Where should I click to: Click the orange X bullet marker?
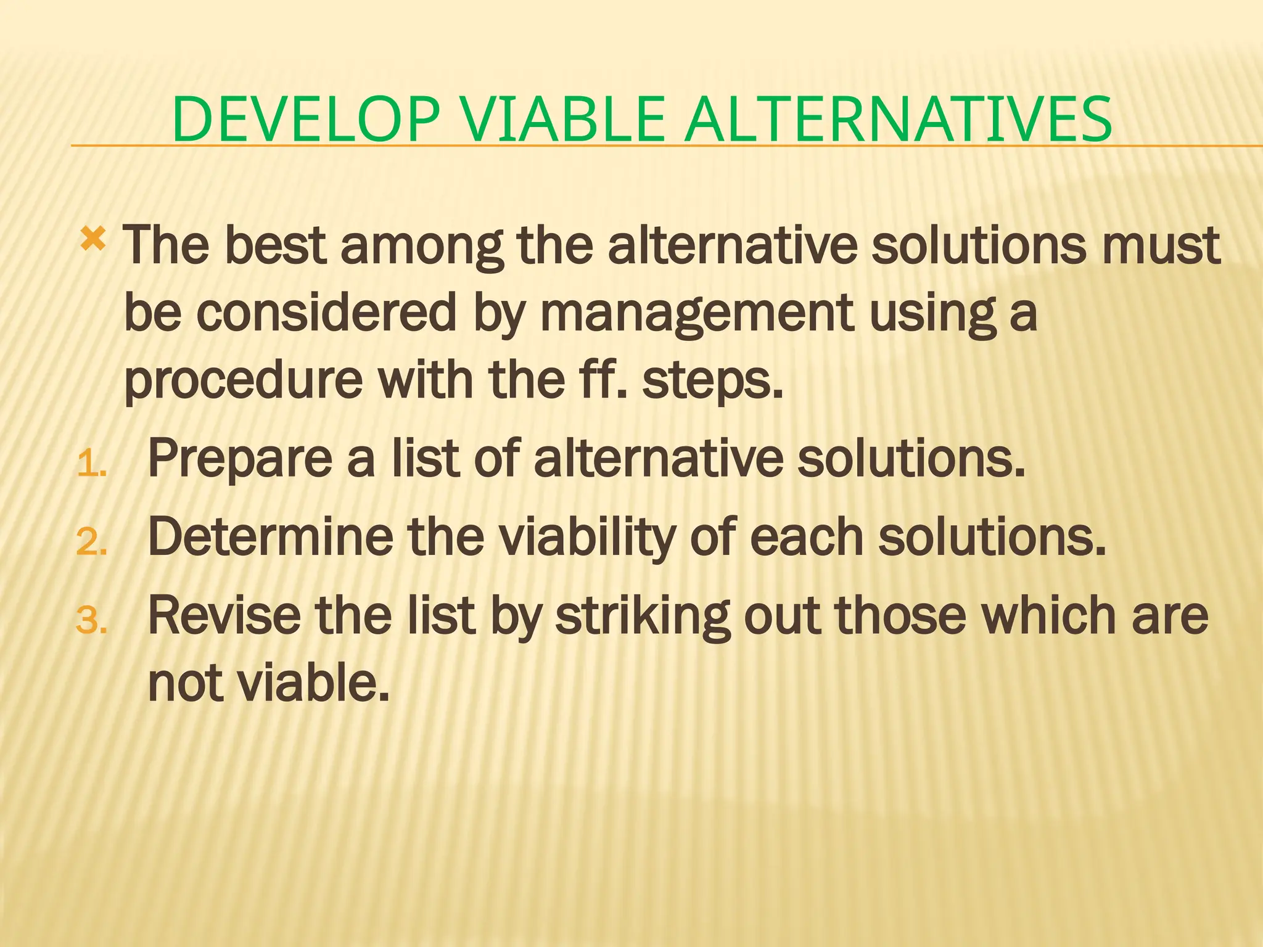(93, 238)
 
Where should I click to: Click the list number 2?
(91, 543)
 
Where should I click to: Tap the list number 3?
(91, 620)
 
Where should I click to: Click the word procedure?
(244, 380)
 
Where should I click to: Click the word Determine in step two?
(270, 536)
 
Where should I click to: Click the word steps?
(713, 380)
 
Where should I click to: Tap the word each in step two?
(808, 536)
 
